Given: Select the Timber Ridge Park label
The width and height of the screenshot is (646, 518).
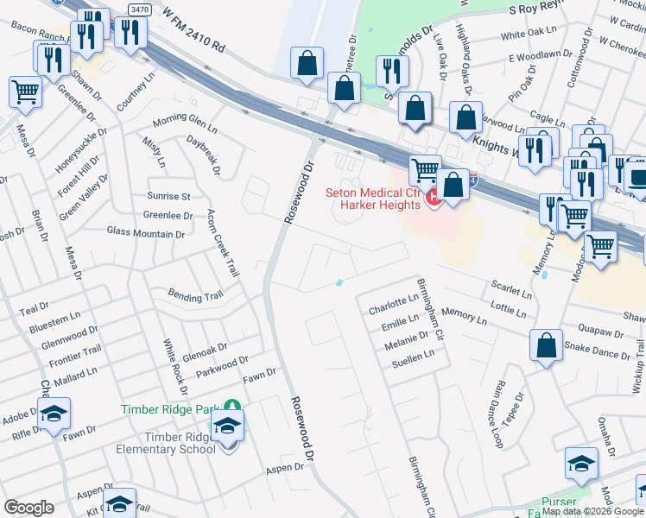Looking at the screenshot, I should [171, 409].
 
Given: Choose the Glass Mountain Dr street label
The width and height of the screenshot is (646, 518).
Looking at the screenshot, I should [146, 233].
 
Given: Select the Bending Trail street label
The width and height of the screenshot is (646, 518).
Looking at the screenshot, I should [195, 296].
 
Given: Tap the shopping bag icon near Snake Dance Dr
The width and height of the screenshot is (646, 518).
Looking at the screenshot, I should [547, 347].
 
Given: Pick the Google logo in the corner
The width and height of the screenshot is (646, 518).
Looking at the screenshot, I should [28, 508].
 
